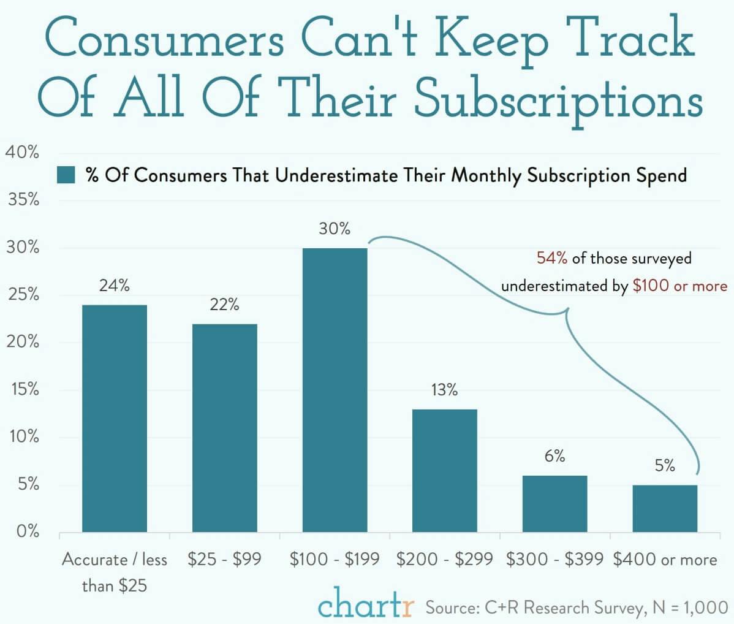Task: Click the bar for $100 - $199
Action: (335, 390)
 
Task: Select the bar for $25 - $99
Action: (224, 428)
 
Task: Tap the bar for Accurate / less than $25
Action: (115, 418)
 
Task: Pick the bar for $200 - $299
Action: (444, 470)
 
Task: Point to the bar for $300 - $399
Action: (554, 503)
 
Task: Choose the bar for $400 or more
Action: (665, 508)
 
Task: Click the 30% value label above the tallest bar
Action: (335, 229)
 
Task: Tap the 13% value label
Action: (444, 390)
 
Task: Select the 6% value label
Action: (554, 457)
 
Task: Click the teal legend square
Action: (66, 175)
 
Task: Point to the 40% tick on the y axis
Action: (23, 153)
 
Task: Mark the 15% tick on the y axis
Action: (23, 390)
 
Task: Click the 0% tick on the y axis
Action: (26, 531)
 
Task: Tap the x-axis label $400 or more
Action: (665, 559)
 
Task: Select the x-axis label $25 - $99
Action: (224, 559)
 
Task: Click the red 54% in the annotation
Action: (552, 258)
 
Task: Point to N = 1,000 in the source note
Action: (689, 607)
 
